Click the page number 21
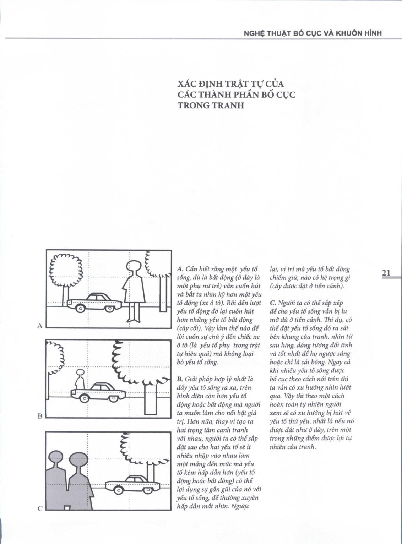(386, 273)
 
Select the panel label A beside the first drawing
(40, 326)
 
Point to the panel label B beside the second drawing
(40, 416)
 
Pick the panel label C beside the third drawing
(40, 508)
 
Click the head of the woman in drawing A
(134, 266)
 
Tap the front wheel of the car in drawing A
(80, 309)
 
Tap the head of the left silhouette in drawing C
(55, 459)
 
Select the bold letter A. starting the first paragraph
(179, 269)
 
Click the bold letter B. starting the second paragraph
(179, 379)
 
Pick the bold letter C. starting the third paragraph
(273, 303)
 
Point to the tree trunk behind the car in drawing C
(151, 471)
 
